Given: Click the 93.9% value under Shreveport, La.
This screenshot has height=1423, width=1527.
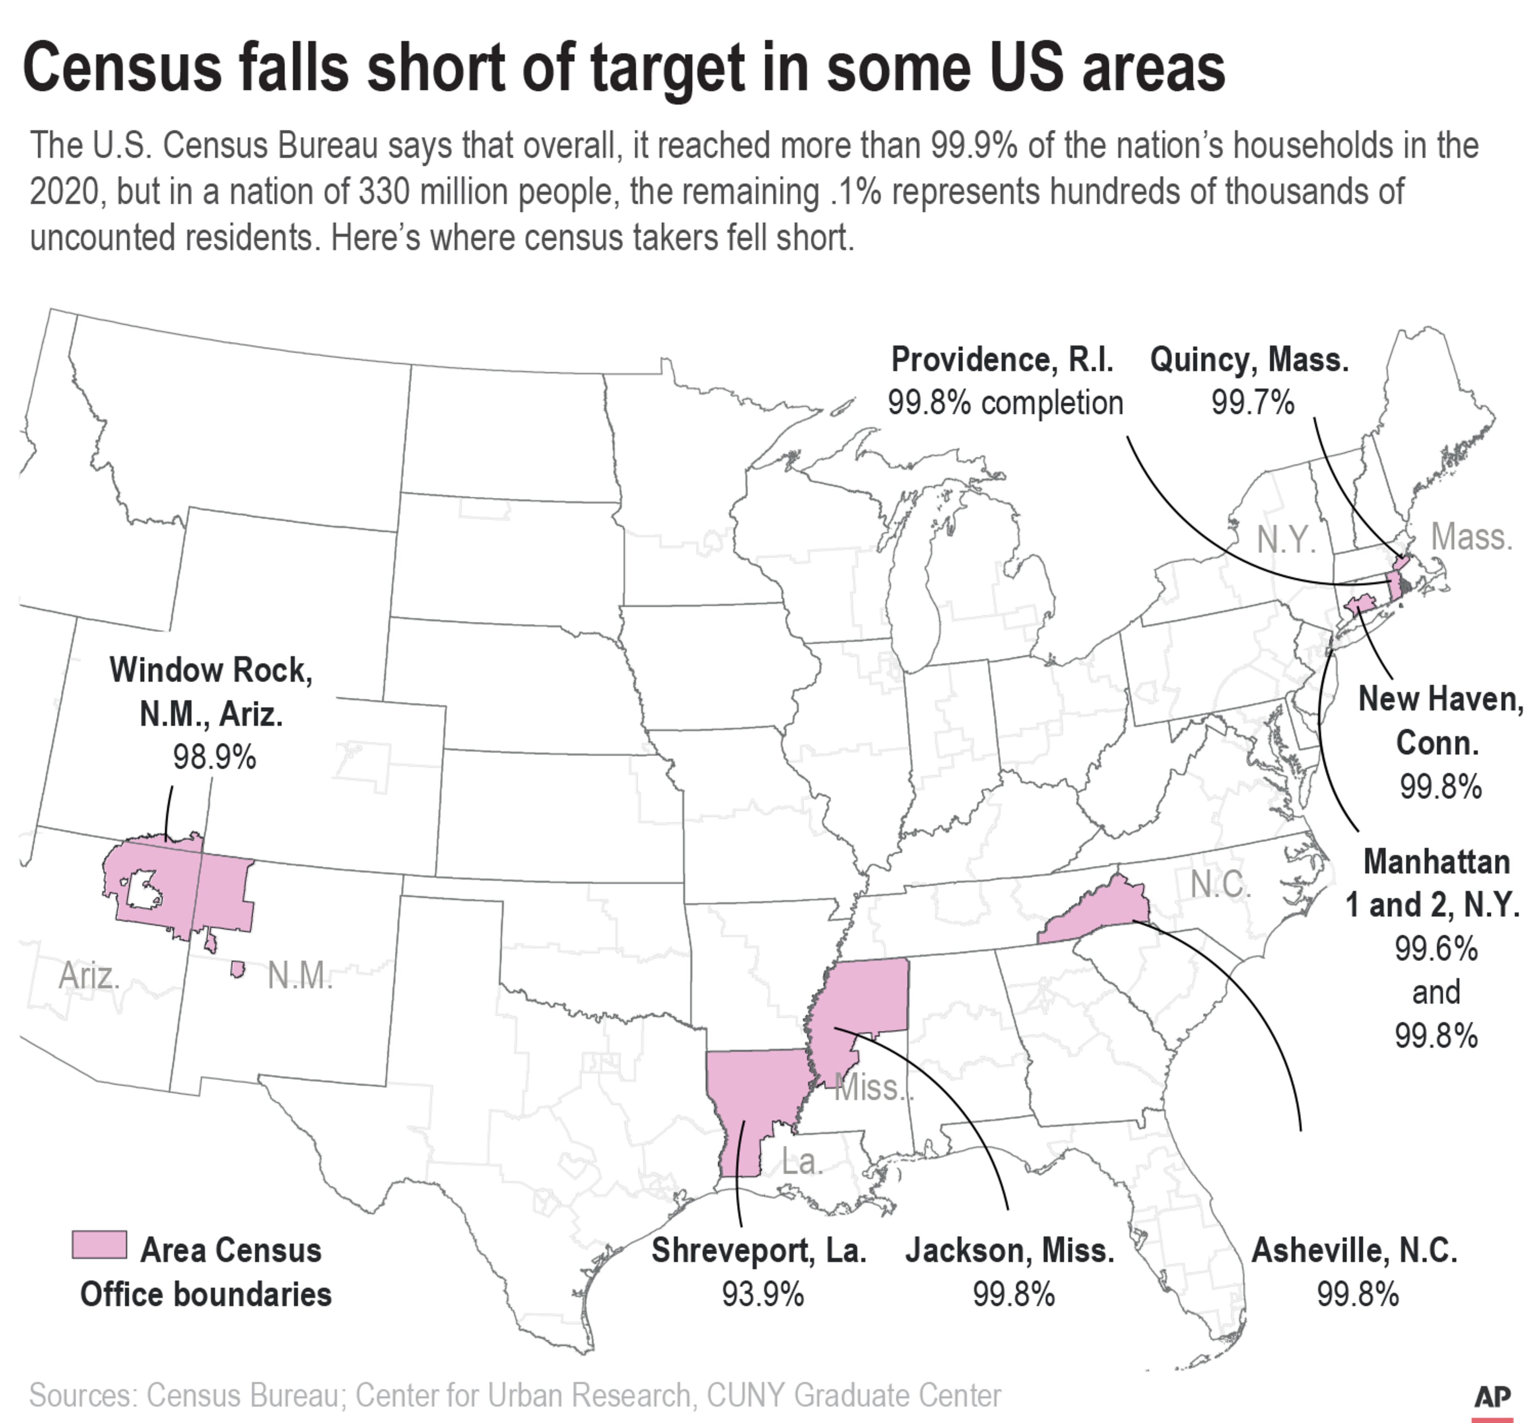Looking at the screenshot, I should (x=762, y=1295).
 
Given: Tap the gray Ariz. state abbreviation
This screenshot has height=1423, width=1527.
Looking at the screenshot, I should (x=89, y=976).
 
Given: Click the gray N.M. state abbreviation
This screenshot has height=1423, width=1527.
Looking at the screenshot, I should (x=299, y=976).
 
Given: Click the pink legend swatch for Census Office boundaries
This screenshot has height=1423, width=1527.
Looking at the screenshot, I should (x=99, y=1245).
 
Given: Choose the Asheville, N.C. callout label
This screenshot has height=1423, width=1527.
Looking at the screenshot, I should (x=1354, y=1251).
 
